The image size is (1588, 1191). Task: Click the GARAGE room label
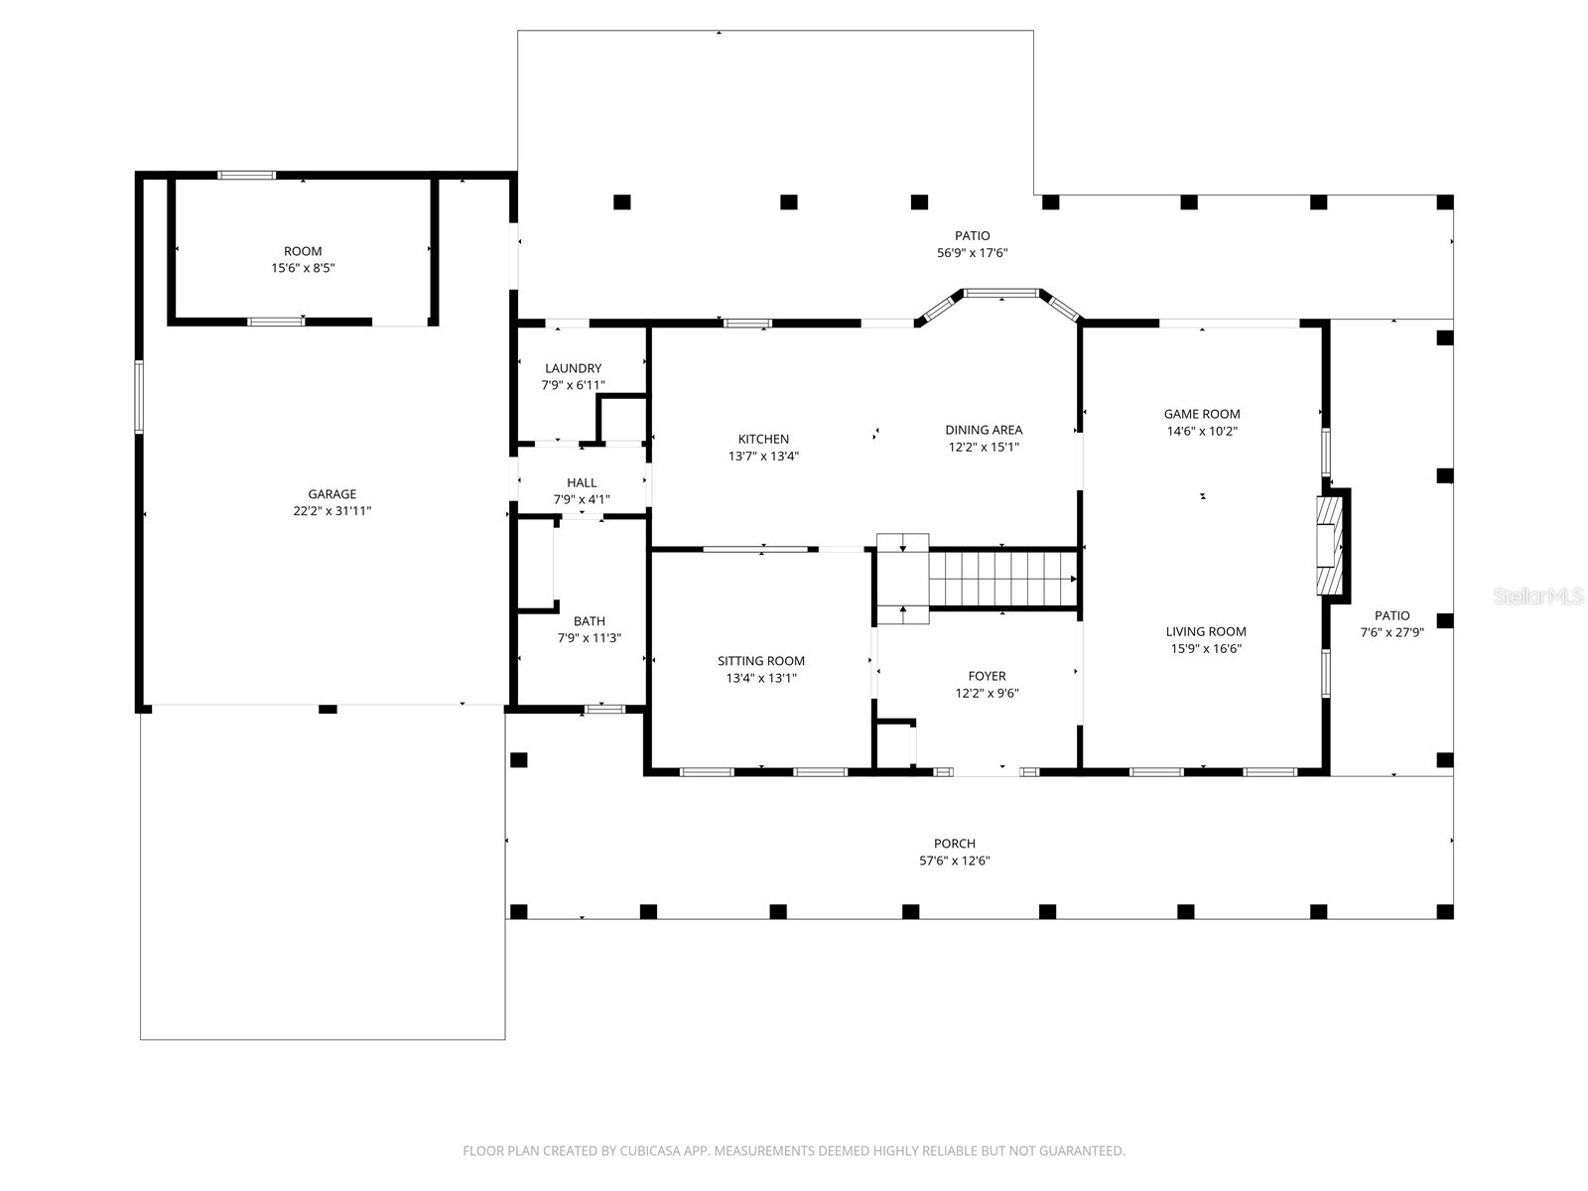coord(331,494)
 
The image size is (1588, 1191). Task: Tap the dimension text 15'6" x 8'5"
coord(303,268)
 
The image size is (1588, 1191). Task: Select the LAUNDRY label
coord(573,368)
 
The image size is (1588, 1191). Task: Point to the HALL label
coord(582,483)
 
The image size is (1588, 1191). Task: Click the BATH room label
coord(589,621)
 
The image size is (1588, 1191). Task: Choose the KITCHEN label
coord(763,439)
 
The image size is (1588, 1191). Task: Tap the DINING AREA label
coord(983,430)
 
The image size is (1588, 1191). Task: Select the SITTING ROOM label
coord(761,661)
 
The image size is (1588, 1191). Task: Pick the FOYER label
coord(987,676)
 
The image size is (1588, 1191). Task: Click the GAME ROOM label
coord(1201,414)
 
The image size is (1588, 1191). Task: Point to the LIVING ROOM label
coord(1206,631)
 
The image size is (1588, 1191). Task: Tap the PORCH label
coord(954,844)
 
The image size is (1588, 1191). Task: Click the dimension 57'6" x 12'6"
coord(954,861)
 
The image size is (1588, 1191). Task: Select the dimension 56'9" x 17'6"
coord(973,253)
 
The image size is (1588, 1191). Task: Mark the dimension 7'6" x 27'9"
coord(1391,632)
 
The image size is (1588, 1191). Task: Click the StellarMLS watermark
coord(1539,596)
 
